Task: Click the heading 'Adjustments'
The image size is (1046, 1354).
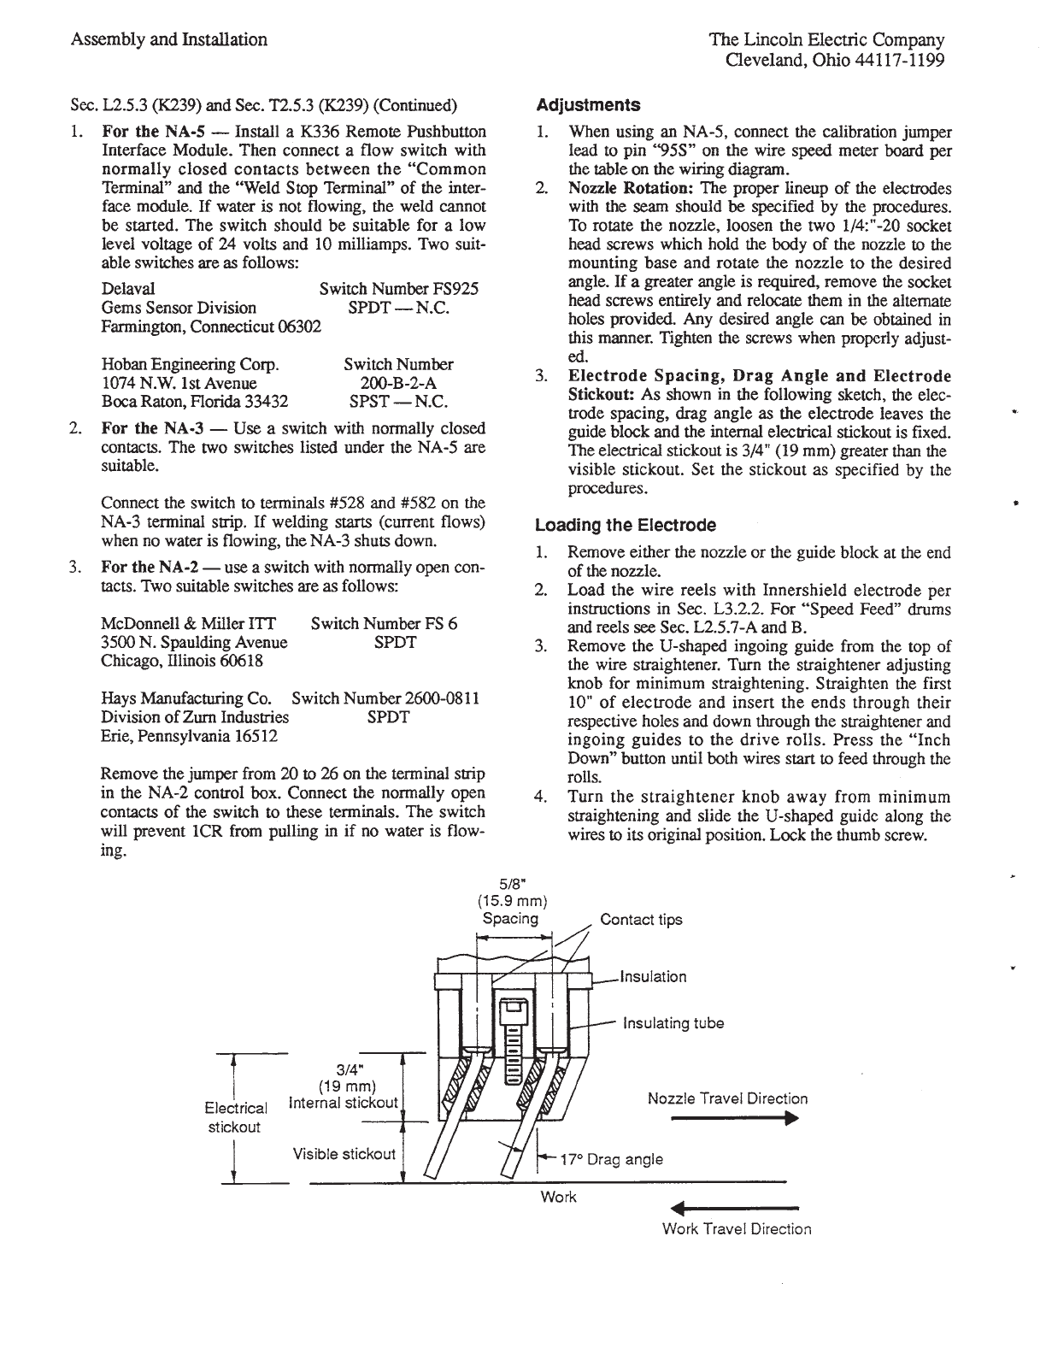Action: (x=587, y=105)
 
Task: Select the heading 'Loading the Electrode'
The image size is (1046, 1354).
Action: (x=625, y=525)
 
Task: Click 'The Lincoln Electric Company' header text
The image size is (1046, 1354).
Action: (x=826, y=39)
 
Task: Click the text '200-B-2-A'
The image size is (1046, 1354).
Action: (x=398, y=383)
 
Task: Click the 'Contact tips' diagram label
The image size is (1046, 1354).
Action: (x=641, y=920)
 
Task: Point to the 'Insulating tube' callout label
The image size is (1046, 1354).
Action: (x=673, y=1023)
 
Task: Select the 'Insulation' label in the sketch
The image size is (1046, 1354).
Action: (x=653, y=976)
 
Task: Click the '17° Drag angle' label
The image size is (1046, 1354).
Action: (x=610, y=1159)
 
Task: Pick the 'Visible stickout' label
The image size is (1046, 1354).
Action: (x=344, y=1154)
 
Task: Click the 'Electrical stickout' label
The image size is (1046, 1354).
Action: (x=235, y=1117)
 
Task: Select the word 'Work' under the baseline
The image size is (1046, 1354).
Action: (x=559, y=1198)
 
